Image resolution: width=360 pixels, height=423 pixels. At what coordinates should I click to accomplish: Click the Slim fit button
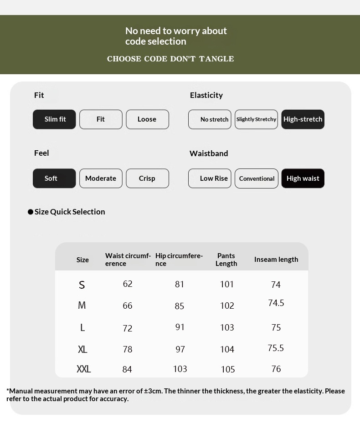(x=54, y=119)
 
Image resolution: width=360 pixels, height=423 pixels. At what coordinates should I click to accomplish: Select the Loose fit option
(x=147, y=119)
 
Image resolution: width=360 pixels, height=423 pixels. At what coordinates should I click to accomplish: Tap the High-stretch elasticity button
(x=303, y=119)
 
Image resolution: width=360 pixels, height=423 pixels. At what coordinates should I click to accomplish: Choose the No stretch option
(x=210, y=119)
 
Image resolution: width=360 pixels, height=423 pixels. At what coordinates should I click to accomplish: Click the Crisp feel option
(x=147, y=178)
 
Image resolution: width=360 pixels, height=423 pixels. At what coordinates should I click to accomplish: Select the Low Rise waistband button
(x=210, y=178)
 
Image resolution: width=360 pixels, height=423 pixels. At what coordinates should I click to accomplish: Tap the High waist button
(x=303, y=178)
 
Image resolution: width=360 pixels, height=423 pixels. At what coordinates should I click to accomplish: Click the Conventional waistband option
(x=256, y=178)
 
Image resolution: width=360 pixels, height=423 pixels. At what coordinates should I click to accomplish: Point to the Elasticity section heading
(x=206, y=95)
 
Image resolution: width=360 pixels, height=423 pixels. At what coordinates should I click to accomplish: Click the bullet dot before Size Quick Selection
(x=31, y=212)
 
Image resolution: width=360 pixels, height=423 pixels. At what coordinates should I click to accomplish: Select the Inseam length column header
(x=276, y=260)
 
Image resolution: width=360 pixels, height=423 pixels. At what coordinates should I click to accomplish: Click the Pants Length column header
(x=226, y=260)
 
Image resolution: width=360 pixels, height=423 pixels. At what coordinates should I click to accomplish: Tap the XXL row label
(x=83, y=369)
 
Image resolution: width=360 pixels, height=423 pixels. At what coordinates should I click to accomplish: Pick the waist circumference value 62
(x=128, y=284)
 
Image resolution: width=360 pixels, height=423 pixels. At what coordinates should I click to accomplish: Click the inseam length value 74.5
(x=276, y=303)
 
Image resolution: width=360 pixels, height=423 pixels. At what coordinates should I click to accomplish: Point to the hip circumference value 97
(x=180, y=349)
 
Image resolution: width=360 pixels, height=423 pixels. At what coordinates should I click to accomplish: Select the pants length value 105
(x=228, y=369)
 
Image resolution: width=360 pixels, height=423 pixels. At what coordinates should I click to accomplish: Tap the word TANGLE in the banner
(x=216, y=59)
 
